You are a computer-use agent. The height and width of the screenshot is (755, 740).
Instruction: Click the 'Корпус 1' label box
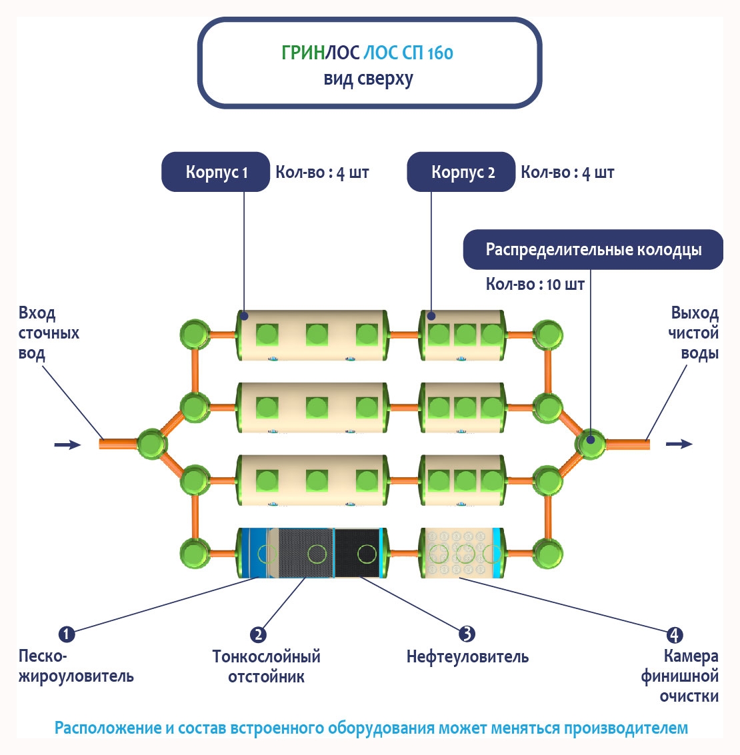click(x=216, y=172)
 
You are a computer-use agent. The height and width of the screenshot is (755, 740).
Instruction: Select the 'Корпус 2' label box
click(x=461, y=172)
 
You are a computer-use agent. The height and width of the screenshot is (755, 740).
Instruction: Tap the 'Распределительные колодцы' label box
click(x=593, y=250)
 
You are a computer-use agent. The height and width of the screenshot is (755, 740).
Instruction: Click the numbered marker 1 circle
click(x=67, y=634)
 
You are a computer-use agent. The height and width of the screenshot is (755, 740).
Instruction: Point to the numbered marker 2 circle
click(x=258, y=634)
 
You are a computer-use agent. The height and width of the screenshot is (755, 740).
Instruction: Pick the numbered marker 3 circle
click(x=467, y=634)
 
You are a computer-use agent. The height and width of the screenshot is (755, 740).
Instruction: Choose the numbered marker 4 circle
click(x=675, y=634)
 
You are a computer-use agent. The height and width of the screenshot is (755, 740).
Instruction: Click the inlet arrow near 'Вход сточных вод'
click(x=67, y=444)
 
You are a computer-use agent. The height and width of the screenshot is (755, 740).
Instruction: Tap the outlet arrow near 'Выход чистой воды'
click(x=679, y=444)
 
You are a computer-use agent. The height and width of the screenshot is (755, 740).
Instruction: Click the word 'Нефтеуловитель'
click(x=467, y=657)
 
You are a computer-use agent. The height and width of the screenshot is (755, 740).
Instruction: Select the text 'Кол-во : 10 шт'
click(x=535, y=285)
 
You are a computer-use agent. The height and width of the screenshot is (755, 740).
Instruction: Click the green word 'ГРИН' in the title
click(x=303, y=53)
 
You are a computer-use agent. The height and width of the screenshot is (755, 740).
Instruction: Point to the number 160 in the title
click(x=440, y=53)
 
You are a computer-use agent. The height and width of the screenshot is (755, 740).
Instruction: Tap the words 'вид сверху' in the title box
click(x=369, y=79)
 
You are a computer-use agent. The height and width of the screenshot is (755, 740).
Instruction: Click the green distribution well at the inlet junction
click(x=151, y=444)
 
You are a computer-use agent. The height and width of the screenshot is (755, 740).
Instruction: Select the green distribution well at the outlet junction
click(x=590, y=443)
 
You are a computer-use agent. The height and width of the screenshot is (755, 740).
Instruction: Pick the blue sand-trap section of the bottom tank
click(x=256, y=553)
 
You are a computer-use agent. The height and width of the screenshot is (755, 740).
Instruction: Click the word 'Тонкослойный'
click(x=266, y=657)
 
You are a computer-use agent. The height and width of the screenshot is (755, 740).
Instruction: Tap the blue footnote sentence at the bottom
click(x=371, y=728)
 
